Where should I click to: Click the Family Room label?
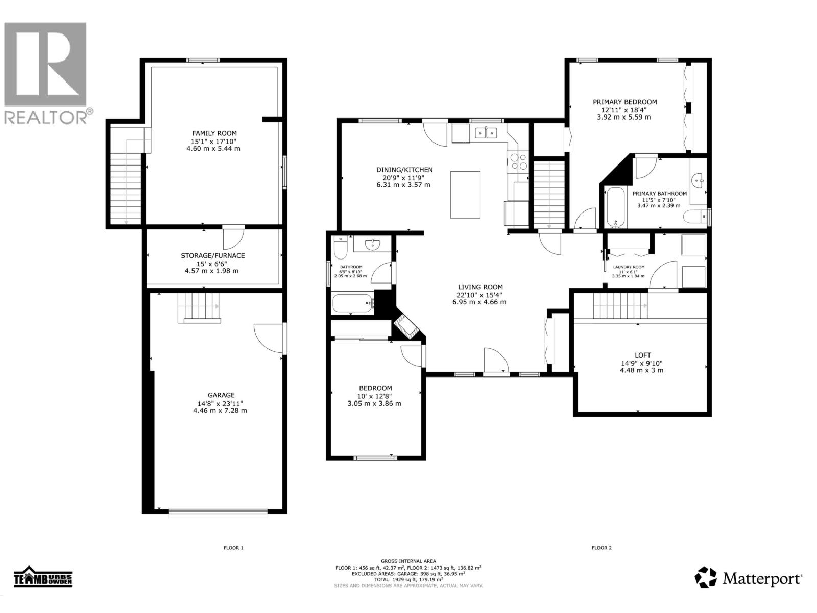(214, 133)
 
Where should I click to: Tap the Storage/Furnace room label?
(212, 255)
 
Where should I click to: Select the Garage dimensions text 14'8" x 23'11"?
(221, 403)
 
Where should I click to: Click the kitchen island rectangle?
(465, 195)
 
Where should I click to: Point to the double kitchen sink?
(486, 133)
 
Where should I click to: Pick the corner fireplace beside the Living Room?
(407, 327)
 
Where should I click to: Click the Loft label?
(643, 355)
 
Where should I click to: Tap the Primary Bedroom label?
(624, 102)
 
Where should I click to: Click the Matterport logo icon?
(706, 577)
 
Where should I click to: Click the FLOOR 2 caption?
(602, 548)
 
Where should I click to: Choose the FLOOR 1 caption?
(233, 548)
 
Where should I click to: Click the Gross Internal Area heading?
(408, 561)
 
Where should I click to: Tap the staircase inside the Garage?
(199, 307)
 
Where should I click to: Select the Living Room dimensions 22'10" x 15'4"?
(479, 294)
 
